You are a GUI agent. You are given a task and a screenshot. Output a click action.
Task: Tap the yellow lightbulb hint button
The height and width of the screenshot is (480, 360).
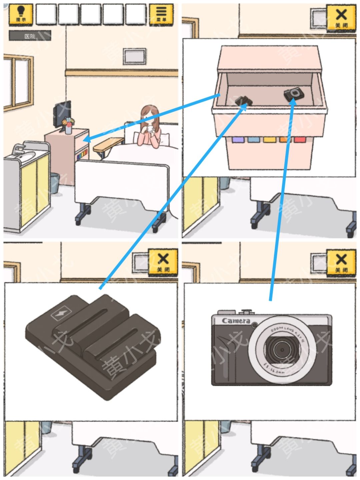21,14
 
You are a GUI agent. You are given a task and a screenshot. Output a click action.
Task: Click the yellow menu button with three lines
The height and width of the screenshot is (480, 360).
161,14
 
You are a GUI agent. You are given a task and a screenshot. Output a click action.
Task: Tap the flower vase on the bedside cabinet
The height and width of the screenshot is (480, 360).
69,125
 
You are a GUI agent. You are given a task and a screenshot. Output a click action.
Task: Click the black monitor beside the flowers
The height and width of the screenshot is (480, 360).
62,113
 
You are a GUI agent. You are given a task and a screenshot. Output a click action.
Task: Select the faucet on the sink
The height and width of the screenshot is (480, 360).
18,149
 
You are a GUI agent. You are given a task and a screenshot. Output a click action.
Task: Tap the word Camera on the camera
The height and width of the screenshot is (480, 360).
236,321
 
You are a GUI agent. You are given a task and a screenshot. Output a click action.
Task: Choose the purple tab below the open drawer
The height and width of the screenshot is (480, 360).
238,139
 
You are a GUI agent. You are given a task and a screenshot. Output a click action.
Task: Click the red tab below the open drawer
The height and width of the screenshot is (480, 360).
300,139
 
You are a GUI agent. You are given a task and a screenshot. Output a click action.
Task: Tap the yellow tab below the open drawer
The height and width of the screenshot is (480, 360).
269,139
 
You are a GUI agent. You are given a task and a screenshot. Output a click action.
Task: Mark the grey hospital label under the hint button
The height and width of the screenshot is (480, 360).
30,36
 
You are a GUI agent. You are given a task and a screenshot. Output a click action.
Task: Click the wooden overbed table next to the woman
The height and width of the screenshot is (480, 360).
108,144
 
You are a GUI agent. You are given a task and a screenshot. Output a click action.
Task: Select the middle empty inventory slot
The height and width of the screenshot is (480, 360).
91,14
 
